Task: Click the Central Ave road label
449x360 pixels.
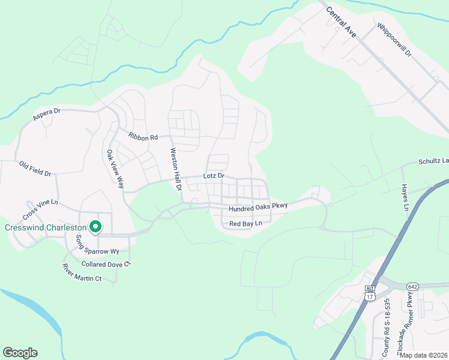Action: tap(342, 22)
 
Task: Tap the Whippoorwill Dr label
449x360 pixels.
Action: tap(394, 40)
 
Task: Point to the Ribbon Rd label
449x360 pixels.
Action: tap(143, 136)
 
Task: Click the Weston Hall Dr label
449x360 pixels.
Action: tap(175, 169)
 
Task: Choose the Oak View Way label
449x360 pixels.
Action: tap(115, 169)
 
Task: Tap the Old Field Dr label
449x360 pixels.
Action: tap(35, 168)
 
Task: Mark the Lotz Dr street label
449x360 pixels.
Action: tap(213, 176)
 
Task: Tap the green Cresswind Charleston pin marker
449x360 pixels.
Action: tap(95, 227)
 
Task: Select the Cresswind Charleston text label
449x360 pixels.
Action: tap(45, 227)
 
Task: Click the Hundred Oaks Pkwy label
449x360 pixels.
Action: tap(258, 207)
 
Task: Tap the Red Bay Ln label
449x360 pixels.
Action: tap(246, 224)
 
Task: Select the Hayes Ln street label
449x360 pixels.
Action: tap(405, 197)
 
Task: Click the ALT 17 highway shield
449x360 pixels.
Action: tap(370, 293)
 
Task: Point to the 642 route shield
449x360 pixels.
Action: tap(412, 287)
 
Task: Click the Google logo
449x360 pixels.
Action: tap(20, 353)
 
